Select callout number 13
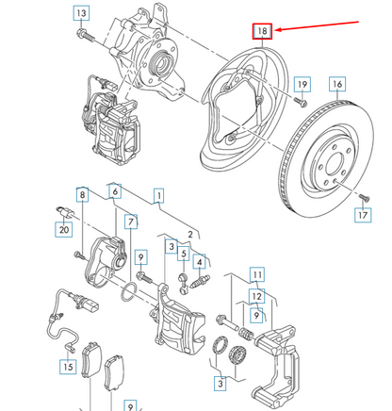(x=82, y=13)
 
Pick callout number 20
(x=63, y=228)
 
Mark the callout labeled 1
(x=158, y=197)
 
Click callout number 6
(x=115, y=191)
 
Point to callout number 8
(x=83, y=195)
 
